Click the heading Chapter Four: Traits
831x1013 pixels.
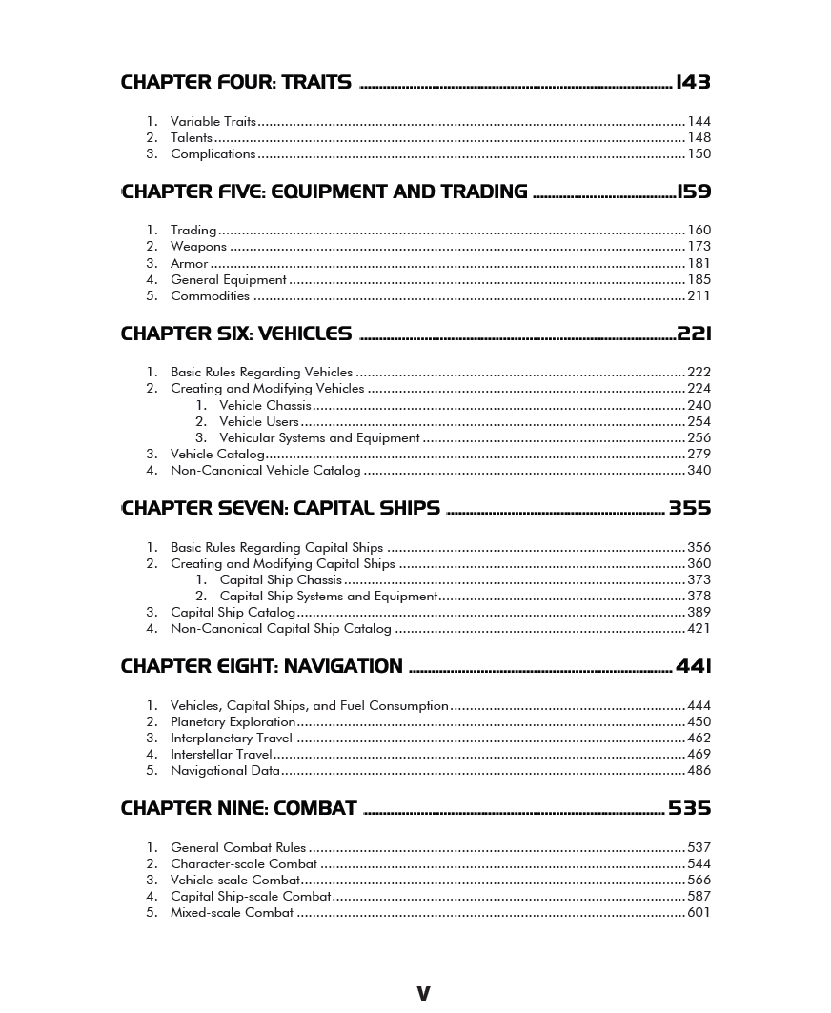tap(235, 83)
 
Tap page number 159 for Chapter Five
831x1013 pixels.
tap(694, 192)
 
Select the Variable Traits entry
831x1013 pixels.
tap(213, 122)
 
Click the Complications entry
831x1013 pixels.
tap(213, 154)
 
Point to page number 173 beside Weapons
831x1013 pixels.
tap(699, 247)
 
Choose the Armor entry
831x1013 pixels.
tap(189, 264)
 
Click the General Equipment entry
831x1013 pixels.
tap(229, 280)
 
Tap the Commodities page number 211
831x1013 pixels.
tap(699, 296)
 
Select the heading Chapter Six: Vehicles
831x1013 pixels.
tap(235, 334)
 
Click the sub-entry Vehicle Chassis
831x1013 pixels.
tap(265, 406)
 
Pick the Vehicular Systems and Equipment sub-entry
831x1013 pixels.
tap(319, 438)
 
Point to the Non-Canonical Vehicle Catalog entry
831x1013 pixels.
tap(266, 471)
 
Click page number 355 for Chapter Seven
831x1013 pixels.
tap(690, 509)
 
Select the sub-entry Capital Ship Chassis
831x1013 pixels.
tap(281, 580)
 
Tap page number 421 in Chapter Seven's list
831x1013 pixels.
tap(699, 629)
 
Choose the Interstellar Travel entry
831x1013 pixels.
tap(221, 755)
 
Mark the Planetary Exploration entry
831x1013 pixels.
tap(233, 722)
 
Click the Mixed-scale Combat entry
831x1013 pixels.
tap(232, 913)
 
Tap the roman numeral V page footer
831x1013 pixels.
tap(423, 994)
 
